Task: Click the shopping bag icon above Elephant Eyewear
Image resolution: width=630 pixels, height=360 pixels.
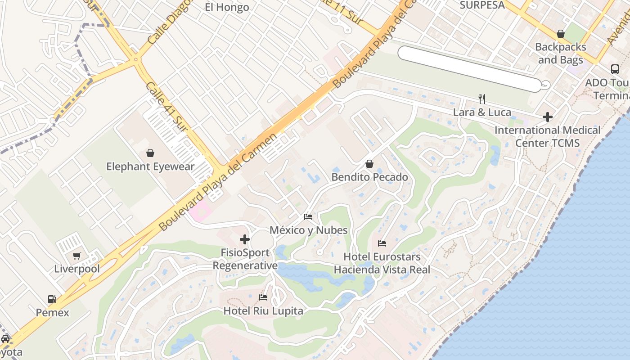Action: (x=150, y=153)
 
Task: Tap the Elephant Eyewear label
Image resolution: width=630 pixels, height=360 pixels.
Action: (x=150, y=166)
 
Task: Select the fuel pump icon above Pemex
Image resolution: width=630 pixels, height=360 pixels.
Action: (x=52, y=299)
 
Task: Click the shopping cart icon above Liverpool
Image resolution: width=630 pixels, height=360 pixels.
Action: (x=77, y=256)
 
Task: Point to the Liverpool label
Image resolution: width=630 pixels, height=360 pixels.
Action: (x=77, y=269)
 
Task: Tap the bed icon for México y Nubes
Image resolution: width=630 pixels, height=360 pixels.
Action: (x=308, y=217)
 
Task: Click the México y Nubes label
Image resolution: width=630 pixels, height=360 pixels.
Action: (x=308, y=230)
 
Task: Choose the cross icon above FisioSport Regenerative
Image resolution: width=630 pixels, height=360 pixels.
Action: (x=245, y=239)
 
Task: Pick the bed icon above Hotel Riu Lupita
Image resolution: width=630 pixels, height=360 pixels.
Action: (x=263, y=297)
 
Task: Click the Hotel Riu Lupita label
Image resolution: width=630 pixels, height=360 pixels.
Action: (x=263, y=310)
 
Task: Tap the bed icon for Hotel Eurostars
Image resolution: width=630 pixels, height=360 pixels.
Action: (x=382, y=243)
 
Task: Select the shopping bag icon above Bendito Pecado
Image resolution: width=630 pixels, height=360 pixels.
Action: (x=369, y=164)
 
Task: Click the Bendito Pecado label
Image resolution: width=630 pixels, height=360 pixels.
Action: (x=369, y=177)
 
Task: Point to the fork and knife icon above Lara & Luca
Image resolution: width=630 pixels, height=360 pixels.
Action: (x=482, y=99)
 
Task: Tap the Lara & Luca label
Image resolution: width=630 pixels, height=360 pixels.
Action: (x=482, y=112)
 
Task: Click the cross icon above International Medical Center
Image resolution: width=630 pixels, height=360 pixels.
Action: (x=548, y=117)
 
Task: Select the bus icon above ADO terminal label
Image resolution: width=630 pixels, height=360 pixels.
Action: (x=615, y=69)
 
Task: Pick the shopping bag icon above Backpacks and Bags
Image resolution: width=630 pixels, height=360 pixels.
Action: (x=561, y=34)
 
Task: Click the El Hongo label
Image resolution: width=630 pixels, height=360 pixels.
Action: (x=227, y=7)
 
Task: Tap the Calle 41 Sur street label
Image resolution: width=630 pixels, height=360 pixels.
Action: (x=166, y=107)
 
